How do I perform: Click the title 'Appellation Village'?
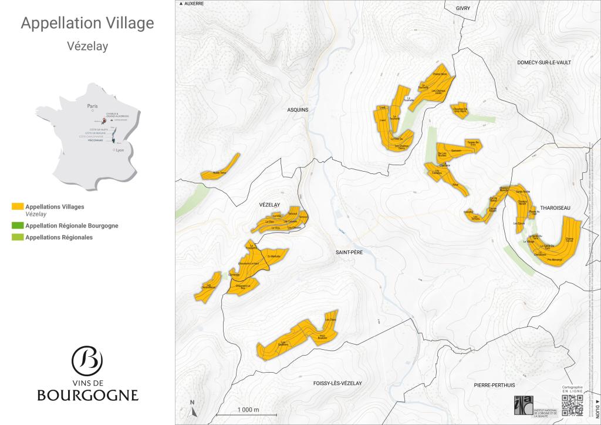tap(87, 23)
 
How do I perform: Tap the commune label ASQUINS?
tap(298, 110)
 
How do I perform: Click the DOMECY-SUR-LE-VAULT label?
tap(544, 62)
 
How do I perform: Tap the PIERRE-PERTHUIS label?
tap(494, 384)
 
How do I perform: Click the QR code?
tap(573, 404)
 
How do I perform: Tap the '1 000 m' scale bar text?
tap(248, 409)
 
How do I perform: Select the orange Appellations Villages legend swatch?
tap(17, 207)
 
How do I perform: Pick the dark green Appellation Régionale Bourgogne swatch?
tap(17, 226)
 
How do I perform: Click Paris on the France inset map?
tap(92, 107)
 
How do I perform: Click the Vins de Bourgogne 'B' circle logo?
tap(87, 360)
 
